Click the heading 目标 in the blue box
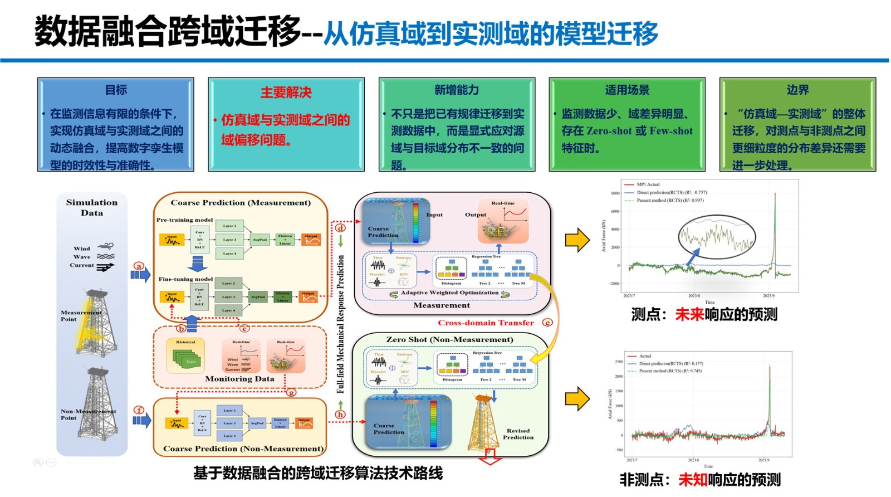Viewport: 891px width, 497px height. [x=116, y=90]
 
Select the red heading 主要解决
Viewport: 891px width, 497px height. [x=286, y=92]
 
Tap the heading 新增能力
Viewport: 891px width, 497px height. [x=457, y=90]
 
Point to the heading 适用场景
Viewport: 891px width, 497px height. [x=627, y=90]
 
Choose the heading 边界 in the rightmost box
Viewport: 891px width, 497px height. [x=797, y=90]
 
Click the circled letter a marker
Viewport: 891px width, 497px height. [x=139, y=266]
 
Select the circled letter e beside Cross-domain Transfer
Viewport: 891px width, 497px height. [x=547, y=323]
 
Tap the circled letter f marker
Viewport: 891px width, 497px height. [x=139, y=410]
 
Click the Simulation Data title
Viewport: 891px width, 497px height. [x=92, y=207]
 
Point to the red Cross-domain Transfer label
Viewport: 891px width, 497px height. [x=486, y=323]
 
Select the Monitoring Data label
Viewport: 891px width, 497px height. [x=239, y=379]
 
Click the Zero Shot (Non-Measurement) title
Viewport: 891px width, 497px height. [x=449, y=339]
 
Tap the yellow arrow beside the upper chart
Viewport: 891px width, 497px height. [x=577, y=240]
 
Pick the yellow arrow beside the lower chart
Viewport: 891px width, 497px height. [x=577, y=399]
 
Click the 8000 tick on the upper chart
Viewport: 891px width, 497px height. [x=615, y=193]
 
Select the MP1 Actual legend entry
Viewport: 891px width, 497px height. [x=648, y=184]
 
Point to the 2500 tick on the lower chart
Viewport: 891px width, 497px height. [x=619, y=362]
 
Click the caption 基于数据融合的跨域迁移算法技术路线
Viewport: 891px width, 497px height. [x=318, y=474]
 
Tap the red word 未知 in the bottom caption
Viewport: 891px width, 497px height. [x=693, y=480]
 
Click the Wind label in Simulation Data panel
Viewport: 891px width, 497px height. [x=82, y=248]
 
